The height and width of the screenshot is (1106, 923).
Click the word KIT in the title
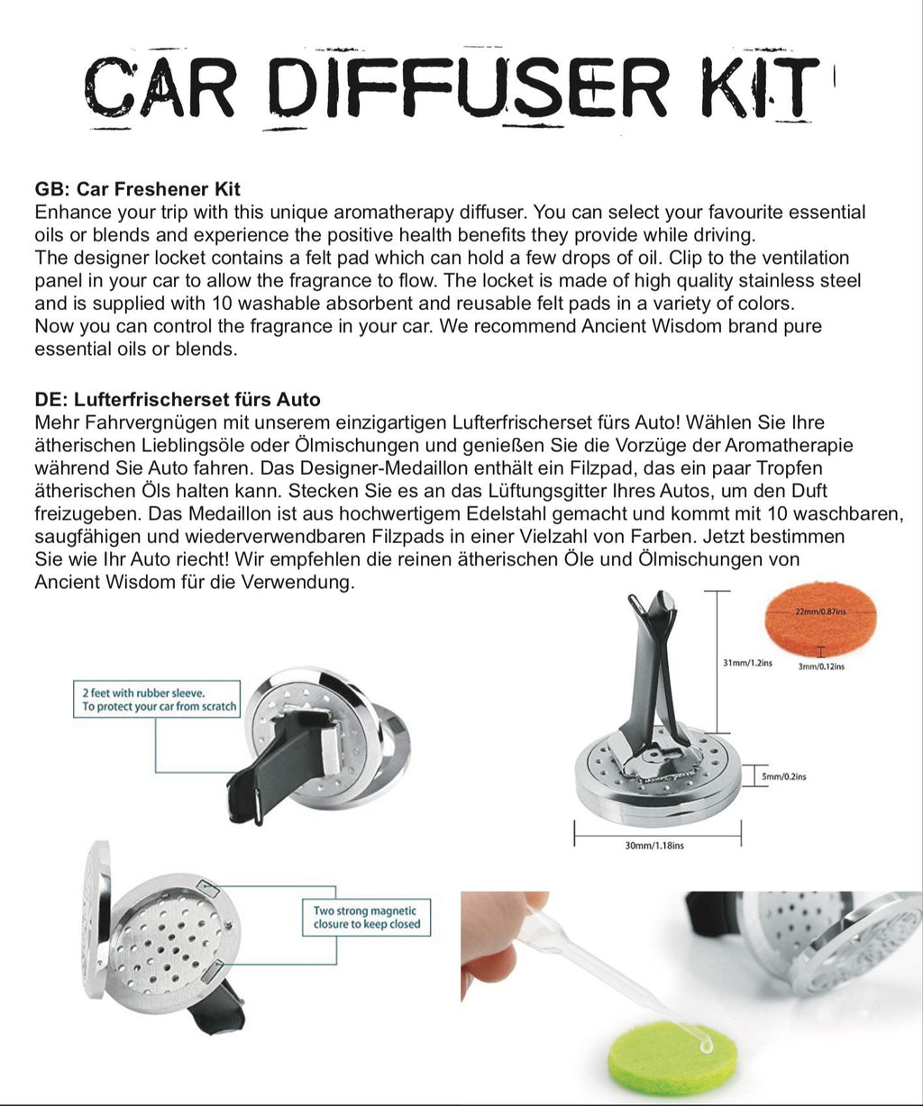[x=762, y=87]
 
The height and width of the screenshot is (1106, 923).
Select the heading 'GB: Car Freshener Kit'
[x=137, y=189]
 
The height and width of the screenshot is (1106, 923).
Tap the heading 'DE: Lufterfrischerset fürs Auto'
[x=178, y=399]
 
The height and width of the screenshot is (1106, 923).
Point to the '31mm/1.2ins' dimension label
[x=747, y=663]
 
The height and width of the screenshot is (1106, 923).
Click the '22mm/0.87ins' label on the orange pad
[x=819, y=611]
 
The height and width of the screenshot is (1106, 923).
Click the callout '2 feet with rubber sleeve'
[x=155, y=700]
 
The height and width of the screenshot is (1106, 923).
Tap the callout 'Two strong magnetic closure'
[x=366, y=917]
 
